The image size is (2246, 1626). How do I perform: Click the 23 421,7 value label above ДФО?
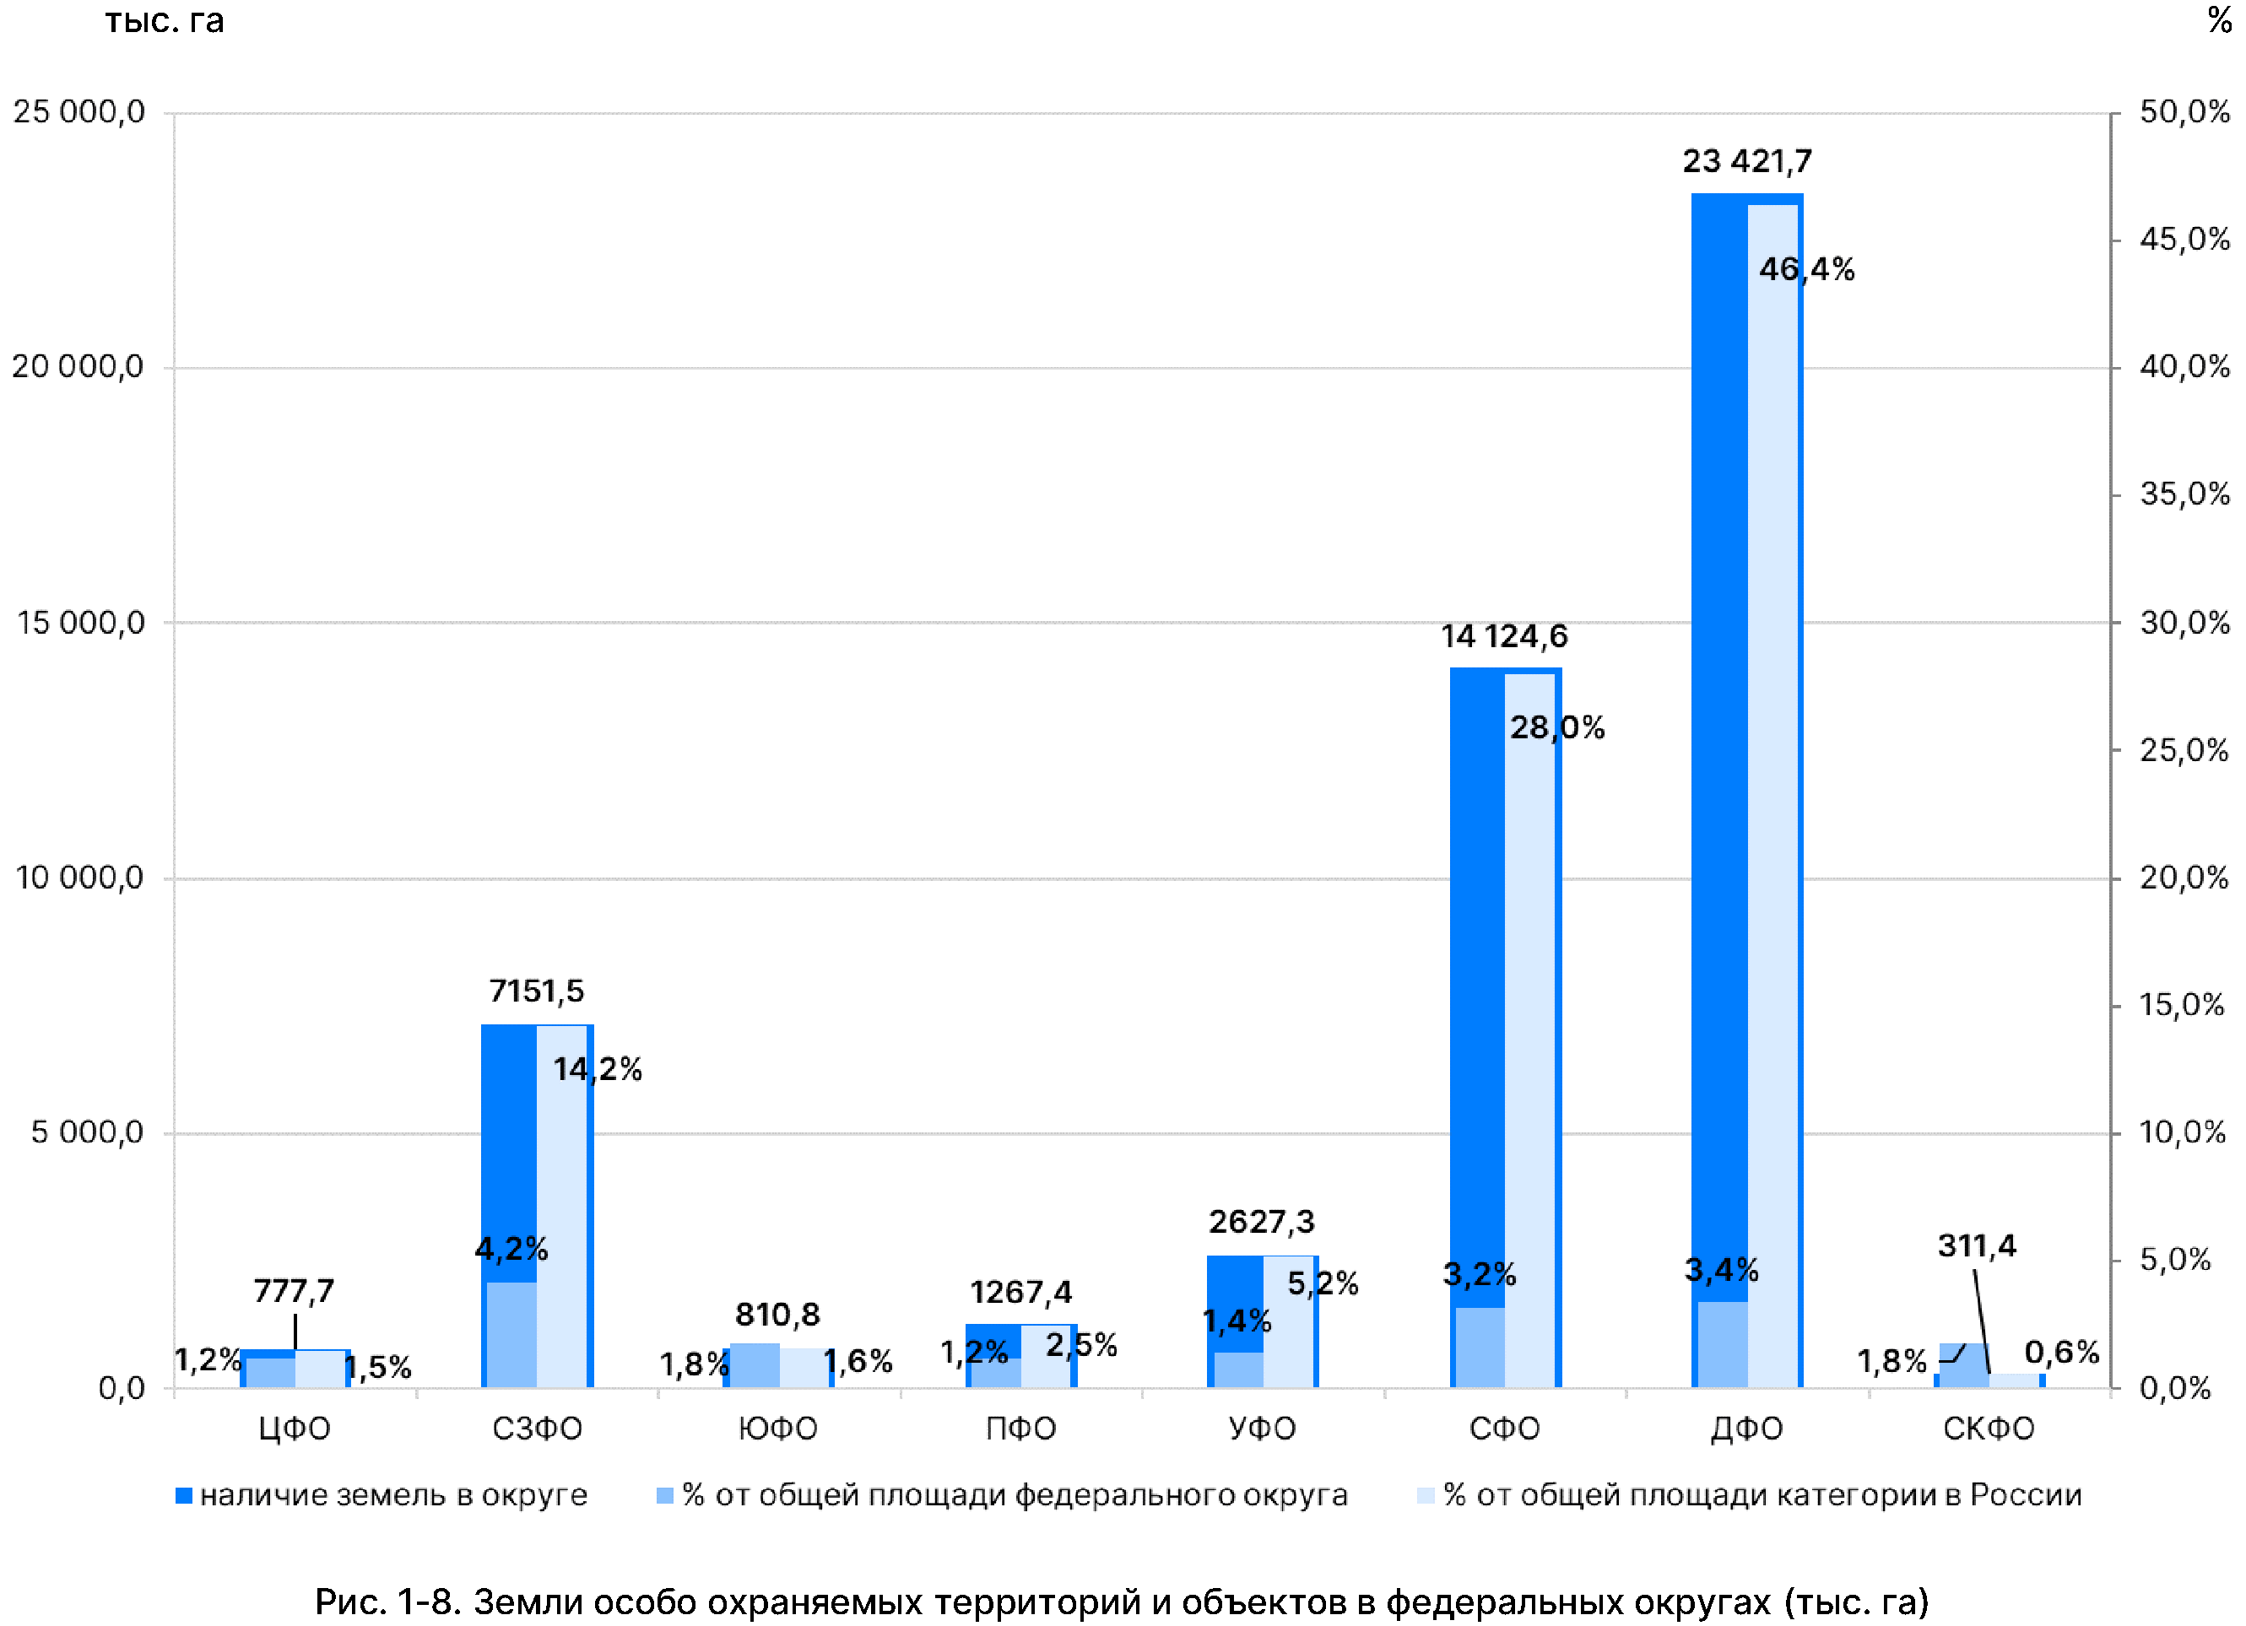pyautogui.click(x=1747, y=161)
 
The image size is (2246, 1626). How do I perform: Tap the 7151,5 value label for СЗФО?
pyautogui.click(x=537, y=991)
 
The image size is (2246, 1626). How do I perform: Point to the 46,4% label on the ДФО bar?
pyautogui.click(x=1806, y=268)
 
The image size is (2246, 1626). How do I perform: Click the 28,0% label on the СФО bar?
pyautogui.click(x=1556, y=728)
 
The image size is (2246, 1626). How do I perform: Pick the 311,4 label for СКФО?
pyautogui.click(x=1977, y=1245)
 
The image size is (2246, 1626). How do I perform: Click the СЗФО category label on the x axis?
pyautogui.click(x=537, y=1428)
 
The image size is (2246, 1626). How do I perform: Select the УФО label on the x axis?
pyautogui.click(x=1263, y=1428)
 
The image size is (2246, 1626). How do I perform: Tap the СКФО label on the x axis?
pyautogui.click(x=1989, y=1428)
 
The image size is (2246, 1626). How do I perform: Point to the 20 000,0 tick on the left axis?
pyautogui.click(x=78, y=366)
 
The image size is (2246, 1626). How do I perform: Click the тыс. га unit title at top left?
pyautogui.click(x=165, y=21)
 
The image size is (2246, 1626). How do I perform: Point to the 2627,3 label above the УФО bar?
pyautogui.click(x=1262, y=1222)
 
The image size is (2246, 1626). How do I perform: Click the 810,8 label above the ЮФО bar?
pyautogui.click(x=777, y=1314)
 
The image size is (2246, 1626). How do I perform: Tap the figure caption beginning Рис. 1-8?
pyautogui.click(x=1122, y=1602)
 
